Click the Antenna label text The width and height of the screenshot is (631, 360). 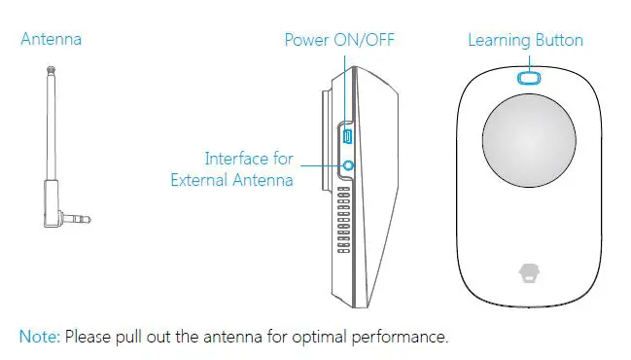(x=51, y=40)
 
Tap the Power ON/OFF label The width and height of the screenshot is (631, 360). (x=338, y=40)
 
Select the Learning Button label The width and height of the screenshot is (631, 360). (x=525, y=40)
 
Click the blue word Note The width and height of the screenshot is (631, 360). (x=39, y=337)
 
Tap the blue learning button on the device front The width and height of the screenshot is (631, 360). (x=528, y=77)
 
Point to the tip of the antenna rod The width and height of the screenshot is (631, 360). (x=50, y=71)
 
